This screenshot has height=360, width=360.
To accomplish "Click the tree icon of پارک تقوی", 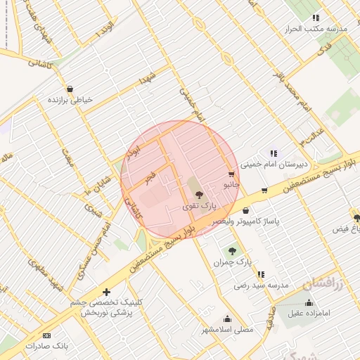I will pos(198,195).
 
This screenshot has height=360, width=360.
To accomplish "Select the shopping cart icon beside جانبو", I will pos(231,174).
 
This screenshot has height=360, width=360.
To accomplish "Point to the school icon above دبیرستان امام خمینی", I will pos(273,153).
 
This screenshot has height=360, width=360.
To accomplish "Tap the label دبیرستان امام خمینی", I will pos(269,166).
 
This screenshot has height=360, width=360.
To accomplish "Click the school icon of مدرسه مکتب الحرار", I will pos(316,18).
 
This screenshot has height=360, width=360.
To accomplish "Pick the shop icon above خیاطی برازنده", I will pos(70,89).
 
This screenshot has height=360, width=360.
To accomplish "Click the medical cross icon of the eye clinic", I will pos(106,291).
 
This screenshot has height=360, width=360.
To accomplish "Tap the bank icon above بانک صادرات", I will pos(47,335).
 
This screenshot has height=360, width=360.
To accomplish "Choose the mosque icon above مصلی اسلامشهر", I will pos(226,319).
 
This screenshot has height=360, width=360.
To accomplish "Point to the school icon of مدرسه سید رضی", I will pos(261,275).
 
